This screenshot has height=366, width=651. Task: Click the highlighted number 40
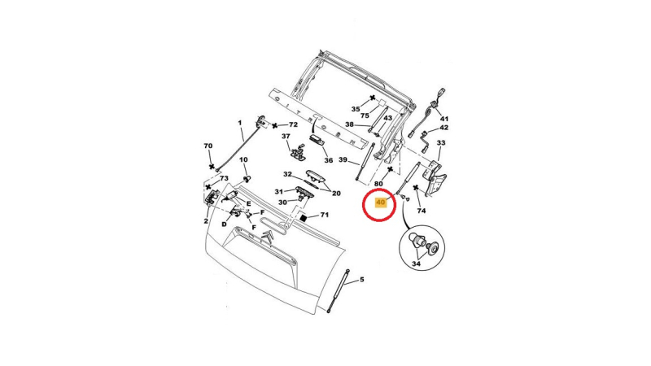pos(380,203)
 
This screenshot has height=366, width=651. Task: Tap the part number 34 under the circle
pos(416,264)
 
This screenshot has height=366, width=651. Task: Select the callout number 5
pos(361,280)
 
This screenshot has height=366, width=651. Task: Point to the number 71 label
pos(324,215)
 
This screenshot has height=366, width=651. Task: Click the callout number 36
pos(329,160)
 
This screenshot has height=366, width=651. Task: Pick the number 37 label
pos(286,136)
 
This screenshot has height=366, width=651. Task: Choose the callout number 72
pos(293,124)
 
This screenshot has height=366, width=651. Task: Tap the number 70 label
pos(208,146)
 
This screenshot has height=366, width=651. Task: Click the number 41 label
pos(444,119)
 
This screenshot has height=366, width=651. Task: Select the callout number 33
pos(441,143)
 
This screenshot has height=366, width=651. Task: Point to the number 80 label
pos(378,184)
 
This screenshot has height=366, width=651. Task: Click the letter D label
pos(225,224)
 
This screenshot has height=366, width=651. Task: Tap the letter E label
pos(249,204)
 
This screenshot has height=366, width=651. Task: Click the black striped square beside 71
pos(303,217)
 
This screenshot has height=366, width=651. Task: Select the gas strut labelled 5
pos(338,290)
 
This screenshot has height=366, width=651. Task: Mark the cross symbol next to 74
pos(416,188)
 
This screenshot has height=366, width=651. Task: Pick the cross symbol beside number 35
pos(373,98)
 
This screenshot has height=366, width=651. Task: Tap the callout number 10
pos(243,159)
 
